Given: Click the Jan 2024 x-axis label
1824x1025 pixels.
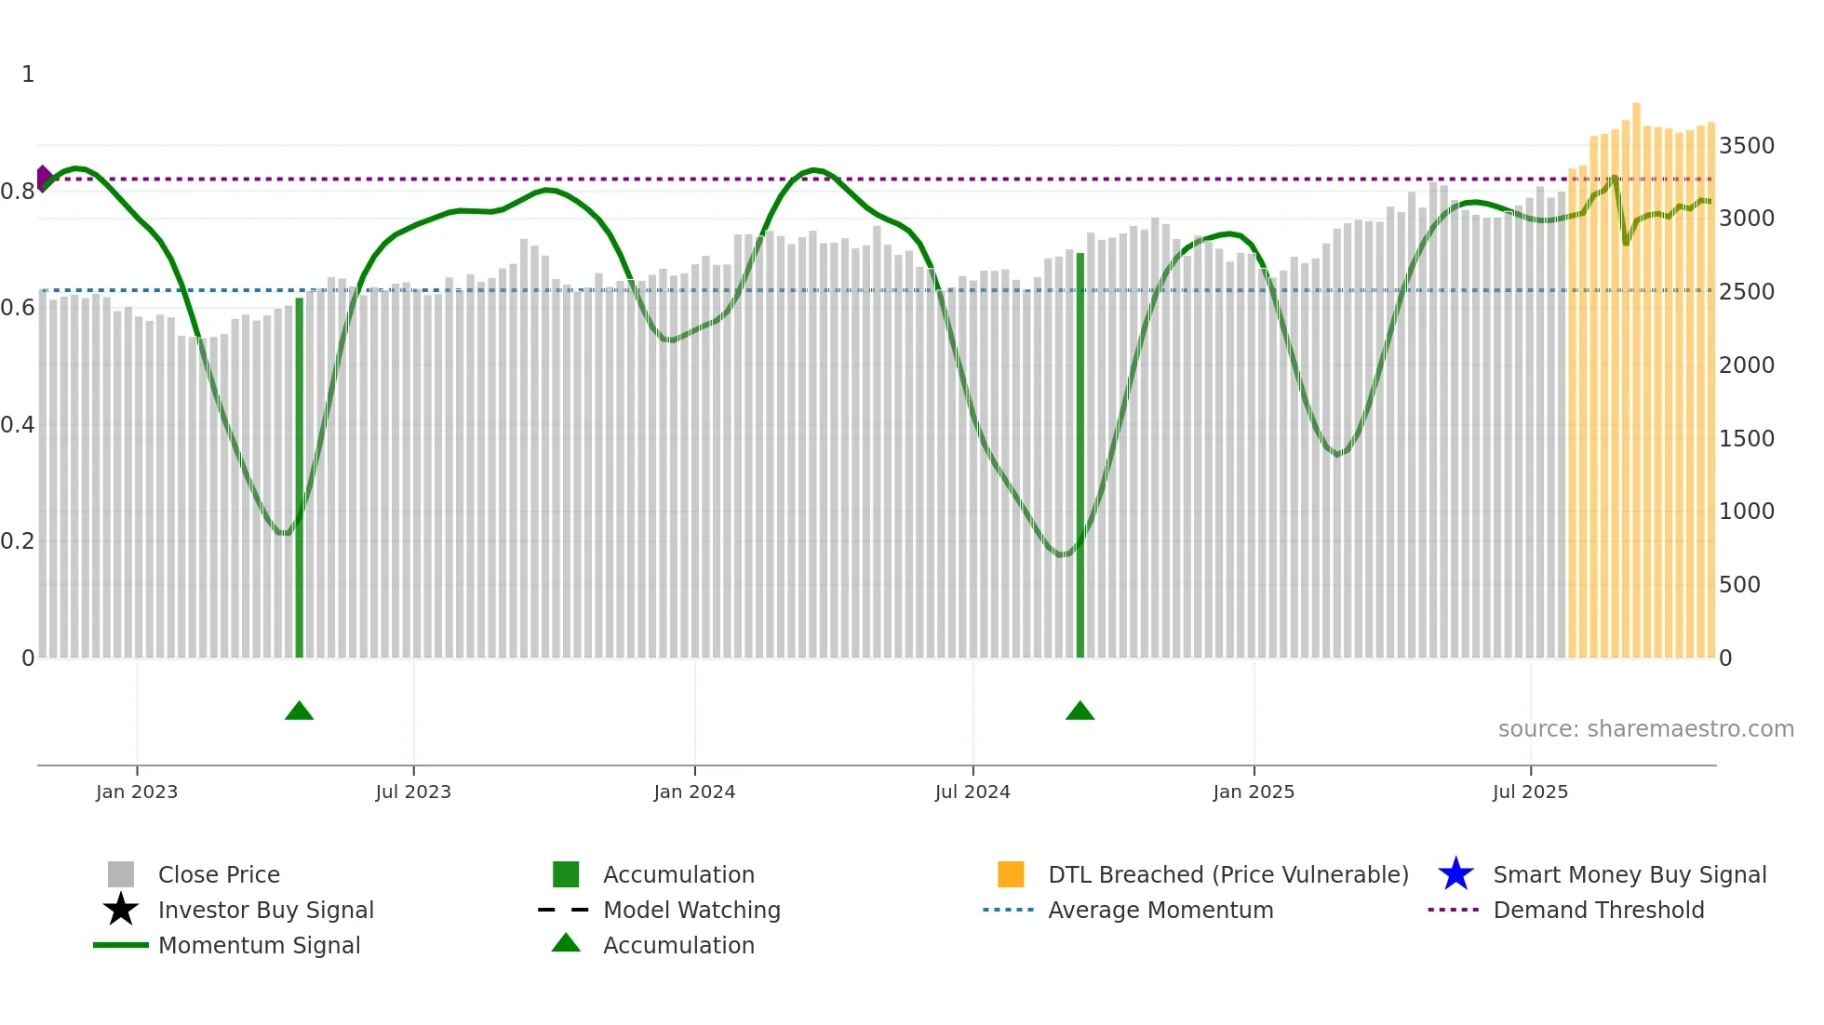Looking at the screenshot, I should pos(694,792).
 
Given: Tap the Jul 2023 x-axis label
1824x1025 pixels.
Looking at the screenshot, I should pos(413,792).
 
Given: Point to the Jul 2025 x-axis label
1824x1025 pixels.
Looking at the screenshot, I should pos(1530,792).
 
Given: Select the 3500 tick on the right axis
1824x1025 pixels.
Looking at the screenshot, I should pos(1746,146).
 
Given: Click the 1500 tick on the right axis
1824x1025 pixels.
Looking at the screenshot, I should pos(1746,439).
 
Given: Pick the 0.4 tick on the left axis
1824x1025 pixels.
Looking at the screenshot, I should pos(18,425).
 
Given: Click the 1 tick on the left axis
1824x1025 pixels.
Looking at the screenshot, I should pos(28,74).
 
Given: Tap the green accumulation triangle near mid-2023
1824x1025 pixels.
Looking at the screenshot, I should pos(299,712).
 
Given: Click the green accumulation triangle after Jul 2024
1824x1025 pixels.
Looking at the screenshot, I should pos(1080,712).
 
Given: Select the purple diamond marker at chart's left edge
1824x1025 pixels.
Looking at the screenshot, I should pos(43,179).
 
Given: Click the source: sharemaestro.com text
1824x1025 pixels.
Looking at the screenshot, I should pos(1645,729).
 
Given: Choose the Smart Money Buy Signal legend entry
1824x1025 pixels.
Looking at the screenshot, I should pos(1630,875).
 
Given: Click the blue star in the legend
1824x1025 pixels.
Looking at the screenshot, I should pos(1455,874).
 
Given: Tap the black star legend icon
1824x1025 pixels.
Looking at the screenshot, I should pos(121,910).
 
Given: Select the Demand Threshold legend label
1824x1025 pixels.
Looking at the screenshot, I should pos(1598,911).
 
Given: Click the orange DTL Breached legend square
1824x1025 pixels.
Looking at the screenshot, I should pos(1011,874).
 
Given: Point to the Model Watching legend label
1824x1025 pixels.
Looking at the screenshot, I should pos(691,911).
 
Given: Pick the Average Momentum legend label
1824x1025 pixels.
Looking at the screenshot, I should pos(1160,911).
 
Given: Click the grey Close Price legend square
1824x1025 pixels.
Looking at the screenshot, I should pos(121,874).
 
